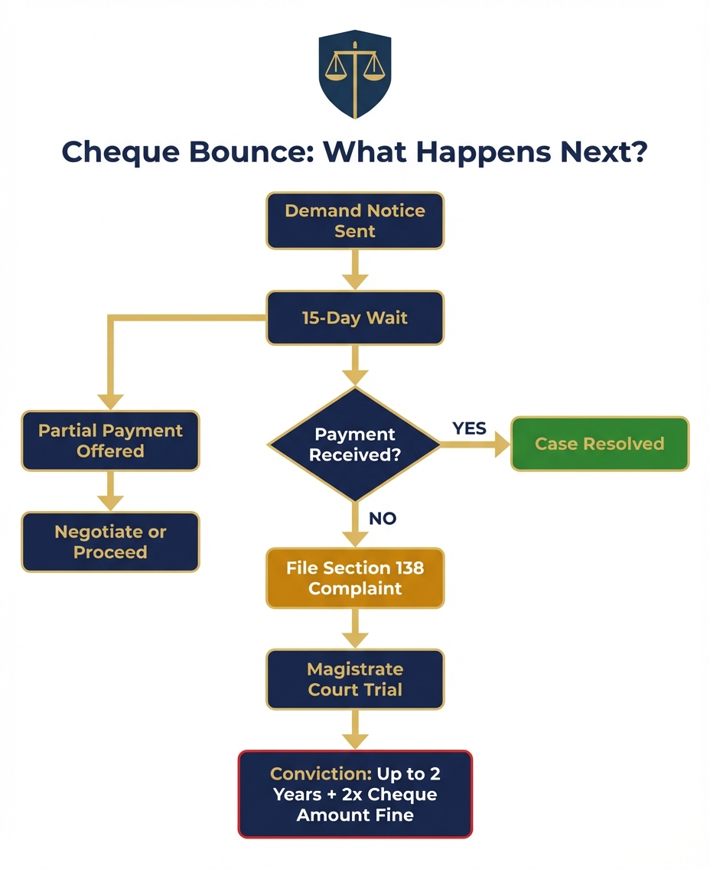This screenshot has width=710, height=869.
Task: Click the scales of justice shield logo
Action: (354, 73)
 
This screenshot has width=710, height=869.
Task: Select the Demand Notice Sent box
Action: (355, 220)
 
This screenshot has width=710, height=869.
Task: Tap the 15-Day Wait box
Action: (355, 317)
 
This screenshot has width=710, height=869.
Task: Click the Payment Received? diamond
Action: (354, 444)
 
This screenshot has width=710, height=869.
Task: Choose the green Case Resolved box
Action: (600, 444)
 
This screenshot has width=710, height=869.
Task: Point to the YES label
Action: (469, 428)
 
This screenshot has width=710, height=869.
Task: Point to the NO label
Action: (383, 519)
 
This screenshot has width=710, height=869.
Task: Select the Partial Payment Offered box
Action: (110, 441)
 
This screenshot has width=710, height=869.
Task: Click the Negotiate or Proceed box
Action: (110, 542)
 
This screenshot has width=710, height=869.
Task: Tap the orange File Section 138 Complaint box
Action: (355, 578)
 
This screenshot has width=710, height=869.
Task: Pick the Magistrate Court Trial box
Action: (355, 679)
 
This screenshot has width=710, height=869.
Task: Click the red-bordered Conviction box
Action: (355, 794)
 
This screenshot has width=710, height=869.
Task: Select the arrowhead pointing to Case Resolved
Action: (500, 444)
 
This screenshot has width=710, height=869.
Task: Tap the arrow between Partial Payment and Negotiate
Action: (110, 491)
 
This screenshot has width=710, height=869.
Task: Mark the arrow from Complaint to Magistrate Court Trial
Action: (355, 629)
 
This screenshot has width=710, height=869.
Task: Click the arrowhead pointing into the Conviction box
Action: (355, 740)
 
